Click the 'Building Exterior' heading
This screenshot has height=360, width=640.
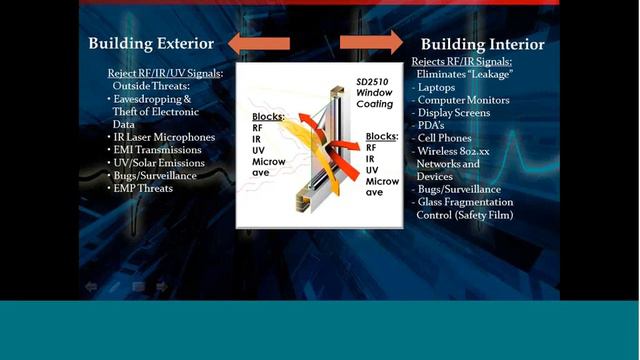151,43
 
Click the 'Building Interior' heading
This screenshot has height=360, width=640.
482,44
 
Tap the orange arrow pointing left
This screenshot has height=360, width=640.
258,43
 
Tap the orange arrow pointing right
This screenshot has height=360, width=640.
371,42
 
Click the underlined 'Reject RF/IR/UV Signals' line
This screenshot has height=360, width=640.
165,73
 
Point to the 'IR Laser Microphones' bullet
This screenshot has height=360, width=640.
165,136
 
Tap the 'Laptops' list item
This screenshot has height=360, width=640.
440,87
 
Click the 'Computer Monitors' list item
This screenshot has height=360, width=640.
464,100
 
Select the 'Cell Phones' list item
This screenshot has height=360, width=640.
448,138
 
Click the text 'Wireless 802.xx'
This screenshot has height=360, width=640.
462,151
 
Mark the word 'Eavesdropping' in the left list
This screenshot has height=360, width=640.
156,99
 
